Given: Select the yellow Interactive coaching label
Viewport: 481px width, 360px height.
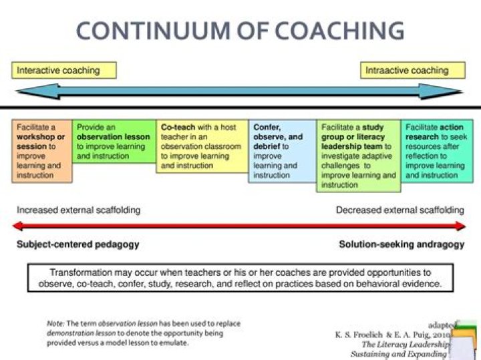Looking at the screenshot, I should (64, 70).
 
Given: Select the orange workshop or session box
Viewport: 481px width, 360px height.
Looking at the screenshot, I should (42, 151).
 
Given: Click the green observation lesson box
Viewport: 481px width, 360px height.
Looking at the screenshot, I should (114, 141).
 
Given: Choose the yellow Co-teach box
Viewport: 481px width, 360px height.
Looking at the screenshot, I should (202, 146).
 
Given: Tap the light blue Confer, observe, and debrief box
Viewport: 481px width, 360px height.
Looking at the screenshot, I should (281, 151).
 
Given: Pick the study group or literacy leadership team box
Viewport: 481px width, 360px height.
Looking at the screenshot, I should (358, 156).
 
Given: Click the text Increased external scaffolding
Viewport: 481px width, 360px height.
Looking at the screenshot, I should (79, 210).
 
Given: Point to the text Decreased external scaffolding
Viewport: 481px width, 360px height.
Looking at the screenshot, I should (399, 210).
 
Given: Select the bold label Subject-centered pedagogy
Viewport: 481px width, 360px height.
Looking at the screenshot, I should (78, 244).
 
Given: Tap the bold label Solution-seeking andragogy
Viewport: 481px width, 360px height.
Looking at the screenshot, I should (401, 244).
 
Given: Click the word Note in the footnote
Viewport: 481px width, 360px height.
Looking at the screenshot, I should (55, 323).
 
